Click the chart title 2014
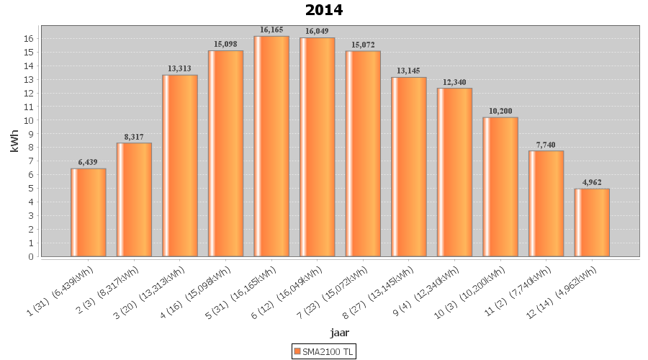(x=324, y=10)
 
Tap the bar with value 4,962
(x=592, y=222)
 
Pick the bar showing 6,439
(x=89, y=212)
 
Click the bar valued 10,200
(x=500, y=186)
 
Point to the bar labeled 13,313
(x=180, y=166)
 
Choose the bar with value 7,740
(x=546, y=203)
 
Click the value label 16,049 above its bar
(x=318, y=32)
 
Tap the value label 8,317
(x=134, y=137)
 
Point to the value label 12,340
(x=454, y=82)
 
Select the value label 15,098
(x=225, y=45)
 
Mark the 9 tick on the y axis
(x=32, y=134)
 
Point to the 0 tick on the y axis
(x=32, y=256)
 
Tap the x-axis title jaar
(x=340, y=332)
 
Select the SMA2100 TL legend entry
(x=324, y=351)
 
